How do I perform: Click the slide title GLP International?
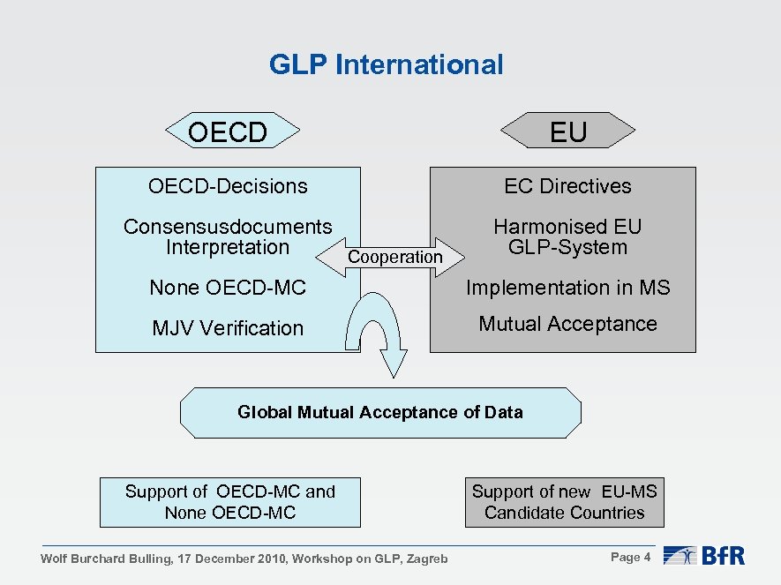click(386, 64)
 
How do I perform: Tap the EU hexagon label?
click(567, 132)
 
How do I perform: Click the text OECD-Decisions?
click(228, 186)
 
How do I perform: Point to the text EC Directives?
click(567, 186)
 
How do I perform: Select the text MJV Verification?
click(228, 328)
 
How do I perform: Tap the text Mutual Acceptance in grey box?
click(567, 324)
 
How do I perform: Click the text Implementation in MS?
click(567, 288)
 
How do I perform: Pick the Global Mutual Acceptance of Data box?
click(380, 412)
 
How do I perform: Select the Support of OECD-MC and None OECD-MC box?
click(230, 502)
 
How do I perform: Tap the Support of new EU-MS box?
click(564, 502)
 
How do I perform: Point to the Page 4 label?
click(630, 557)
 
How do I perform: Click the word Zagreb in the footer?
click(427, 559)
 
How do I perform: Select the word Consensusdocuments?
click(228, 227)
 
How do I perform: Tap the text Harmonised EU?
click(567, 227)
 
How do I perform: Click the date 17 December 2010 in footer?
click(232, 559)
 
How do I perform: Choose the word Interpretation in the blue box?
click(228, 247)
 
